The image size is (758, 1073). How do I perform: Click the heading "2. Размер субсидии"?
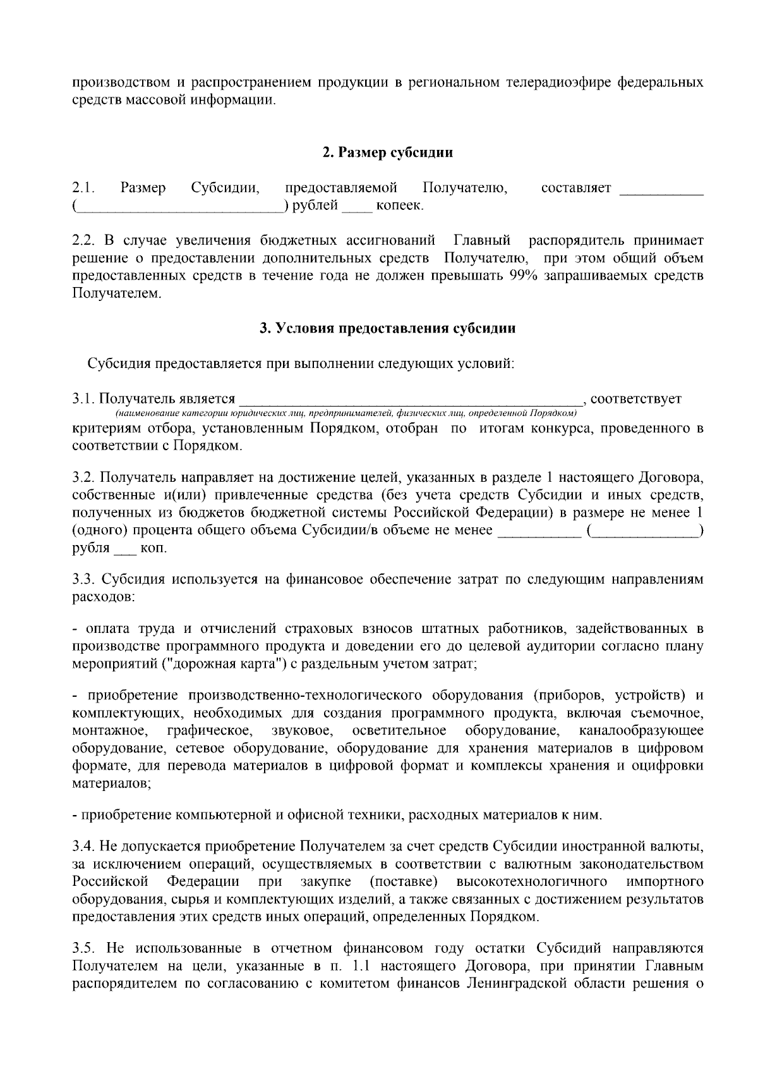tap(387, 152)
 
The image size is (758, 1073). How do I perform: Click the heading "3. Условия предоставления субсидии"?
tap(387, 328)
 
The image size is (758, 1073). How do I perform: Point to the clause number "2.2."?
tap(83, 240)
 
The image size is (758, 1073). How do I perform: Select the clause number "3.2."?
tap(83, 476)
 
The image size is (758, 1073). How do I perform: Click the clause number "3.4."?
tap(83, 846)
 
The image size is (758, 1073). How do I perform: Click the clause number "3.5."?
tap(83, 948)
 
